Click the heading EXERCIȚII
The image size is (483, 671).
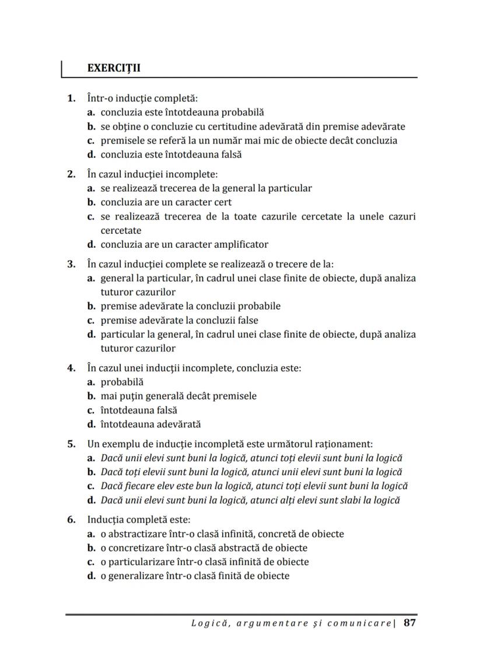click(x=114, y=68)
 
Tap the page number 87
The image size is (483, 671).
click(x=409, y=623)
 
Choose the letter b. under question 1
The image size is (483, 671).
click(x=92, y=127)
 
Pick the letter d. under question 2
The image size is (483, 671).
click(x=92, y=245)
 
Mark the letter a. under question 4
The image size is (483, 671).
click(x=92, y=382)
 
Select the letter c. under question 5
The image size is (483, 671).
click(x=92, y=486)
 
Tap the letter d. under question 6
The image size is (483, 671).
click(x=92, y=576)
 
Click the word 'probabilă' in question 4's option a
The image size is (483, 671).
click(x=122, y=382)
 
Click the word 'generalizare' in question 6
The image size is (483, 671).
click(x=136, y=576)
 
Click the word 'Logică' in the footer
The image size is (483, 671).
click(x=208, y=623)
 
